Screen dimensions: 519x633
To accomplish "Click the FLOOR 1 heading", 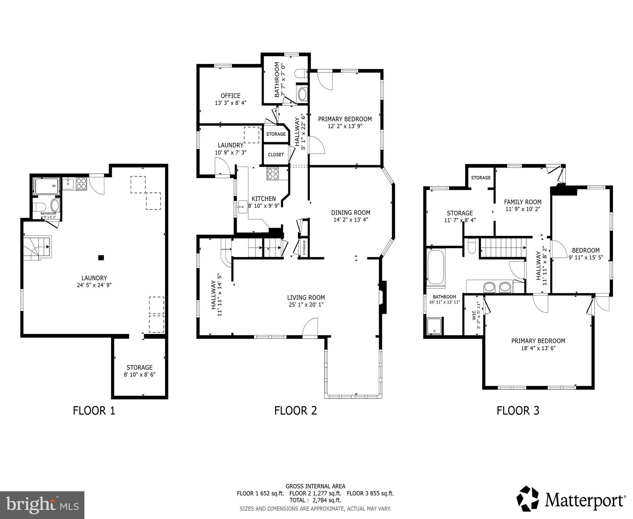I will pos(94,411).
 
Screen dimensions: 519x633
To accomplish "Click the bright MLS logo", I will pos(42,505).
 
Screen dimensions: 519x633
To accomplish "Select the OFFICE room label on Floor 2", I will pos(231,96).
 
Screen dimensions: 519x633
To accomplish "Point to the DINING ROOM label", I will pos(350,213).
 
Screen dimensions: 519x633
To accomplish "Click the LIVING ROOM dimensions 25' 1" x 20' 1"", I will pos(306,305).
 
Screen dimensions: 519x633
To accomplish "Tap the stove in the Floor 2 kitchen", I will pos(273,174).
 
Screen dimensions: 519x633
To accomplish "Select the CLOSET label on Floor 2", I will pos(276,155).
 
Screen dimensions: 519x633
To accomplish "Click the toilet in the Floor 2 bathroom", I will pos(300,73).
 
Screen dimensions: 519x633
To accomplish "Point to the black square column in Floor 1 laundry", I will pos(101,258).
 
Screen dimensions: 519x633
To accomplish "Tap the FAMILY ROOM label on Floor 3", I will pos(523,202).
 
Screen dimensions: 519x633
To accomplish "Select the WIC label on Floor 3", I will pos(474,315).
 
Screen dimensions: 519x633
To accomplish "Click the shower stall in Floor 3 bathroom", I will pos(434,326).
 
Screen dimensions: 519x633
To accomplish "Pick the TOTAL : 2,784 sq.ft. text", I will pos(315,500).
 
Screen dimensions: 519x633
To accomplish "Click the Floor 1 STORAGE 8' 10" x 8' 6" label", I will pos(139,371).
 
